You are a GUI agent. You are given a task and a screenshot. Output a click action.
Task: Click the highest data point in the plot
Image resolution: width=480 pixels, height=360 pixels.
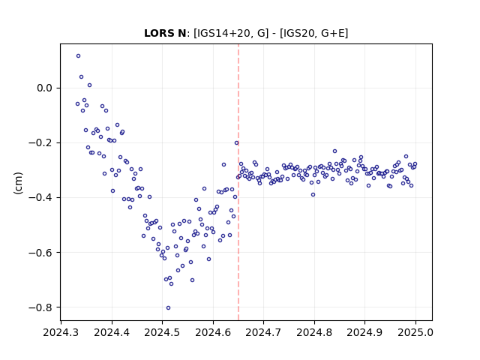tap(78, 56)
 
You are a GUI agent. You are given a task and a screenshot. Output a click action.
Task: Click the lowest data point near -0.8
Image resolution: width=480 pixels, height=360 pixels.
tap(168, 308)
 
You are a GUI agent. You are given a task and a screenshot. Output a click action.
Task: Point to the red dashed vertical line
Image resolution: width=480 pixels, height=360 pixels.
tap(238, 182)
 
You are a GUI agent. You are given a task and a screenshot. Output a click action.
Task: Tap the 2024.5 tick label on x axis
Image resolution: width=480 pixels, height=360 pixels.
tap(162, 332)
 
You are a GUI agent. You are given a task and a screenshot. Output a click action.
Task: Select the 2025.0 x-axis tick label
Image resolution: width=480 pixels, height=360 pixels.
tap(415, 332)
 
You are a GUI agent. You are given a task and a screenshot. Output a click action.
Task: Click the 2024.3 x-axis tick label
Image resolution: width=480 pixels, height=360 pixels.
tap(61, 332)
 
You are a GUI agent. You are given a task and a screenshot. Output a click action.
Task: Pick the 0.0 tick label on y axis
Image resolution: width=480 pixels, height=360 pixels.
tap(45, 88)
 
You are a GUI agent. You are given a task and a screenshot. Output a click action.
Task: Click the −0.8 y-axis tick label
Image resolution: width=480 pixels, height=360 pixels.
tap(40, 307)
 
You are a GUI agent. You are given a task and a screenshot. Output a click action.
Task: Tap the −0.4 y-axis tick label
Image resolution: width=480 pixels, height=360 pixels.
tap(40, 198)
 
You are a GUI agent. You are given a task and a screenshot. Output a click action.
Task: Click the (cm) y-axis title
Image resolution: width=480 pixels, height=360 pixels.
tap(18, 183)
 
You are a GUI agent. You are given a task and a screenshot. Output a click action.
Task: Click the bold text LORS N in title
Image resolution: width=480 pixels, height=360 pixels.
tap(165, 33)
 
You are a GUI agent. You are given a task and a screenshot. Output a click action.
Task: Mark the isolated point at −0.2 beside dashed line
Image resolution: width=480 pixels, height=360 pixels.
tap(237, 143)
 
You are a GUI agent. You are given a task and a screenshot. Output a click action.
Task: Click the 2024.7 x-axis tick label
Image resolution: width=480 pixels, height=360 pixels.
tap(263, 332)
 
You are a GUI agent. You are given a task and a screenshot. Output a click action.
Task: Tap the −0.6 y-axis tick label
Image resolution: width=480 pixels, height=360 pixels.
tap(40, 253)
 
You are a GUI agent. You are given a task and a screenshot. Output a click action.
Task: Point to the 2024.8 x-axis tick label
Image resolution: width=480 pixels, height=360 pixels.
tap(314, 332)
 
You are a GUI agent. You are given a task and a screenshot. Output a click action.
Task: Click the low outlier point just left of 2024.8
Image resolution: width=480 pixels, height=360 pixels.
tap(313, 195)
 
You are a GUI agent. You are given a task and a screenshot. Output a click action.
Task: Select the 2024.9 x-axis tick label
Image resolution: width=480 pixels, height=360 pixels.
tap(364, 332)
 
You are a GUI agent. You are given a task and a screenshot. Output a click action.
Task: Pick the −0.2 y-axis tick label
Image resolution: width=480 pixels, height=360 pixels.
tap(40, 143)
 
